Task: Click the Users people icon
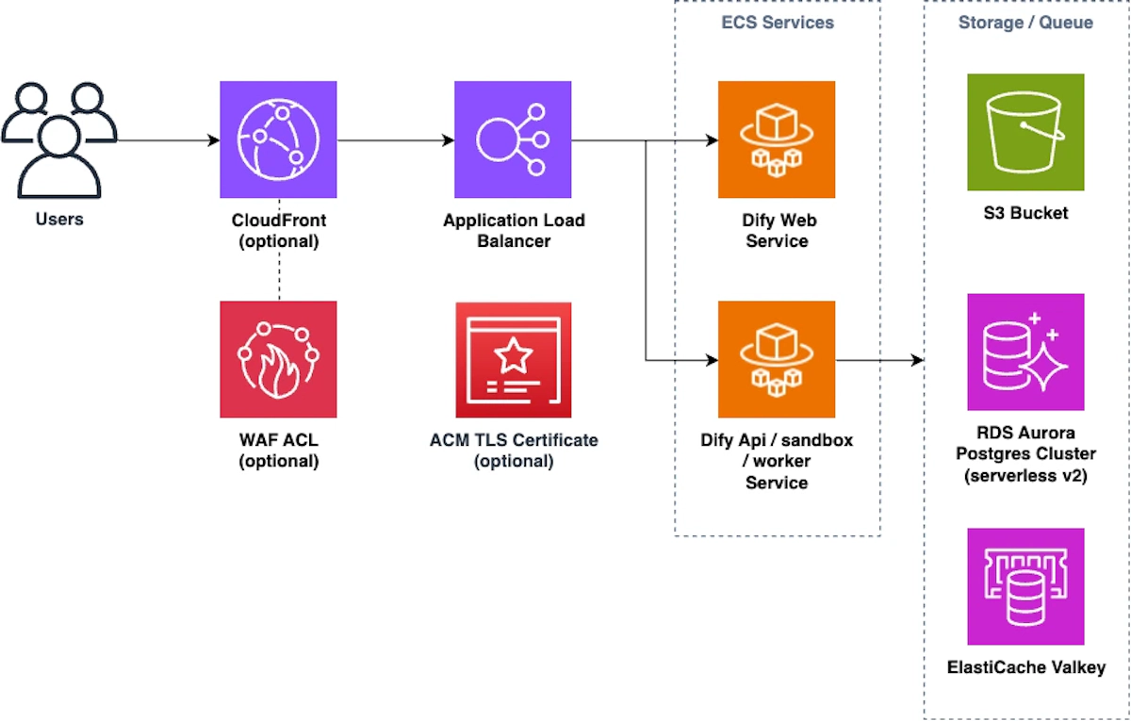coord(58,139)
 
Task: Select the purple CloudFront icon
coord(278,139)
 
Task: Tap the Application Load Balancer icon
coord(513,139)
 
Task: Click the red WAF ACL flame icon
coord(278,359)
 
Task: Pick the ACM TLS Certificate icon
coord(513,359)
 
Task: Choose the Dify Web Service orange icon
coord(777,139)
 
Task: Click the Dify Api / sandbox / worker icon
coord(777,359)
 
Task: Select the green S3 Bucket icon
coord(1025,132)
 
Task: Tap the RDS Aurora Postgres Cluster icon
coord(1025,352)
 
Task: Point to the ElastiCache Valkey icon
coord(1025,586)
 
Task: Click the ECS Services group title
coord(777,22)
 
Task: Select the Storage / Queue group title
coord(1025,22)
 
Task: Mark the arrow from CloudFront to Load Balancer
coord(396,140)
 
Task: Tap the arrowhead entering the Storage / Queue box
coord(917,360)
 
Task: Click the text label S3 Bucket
coord(1025,213)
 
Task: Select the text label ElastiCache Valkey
coord(1025,667)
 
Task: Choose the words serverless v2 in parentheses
coord(1025,476)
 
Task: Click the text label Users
coord(58,220)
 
